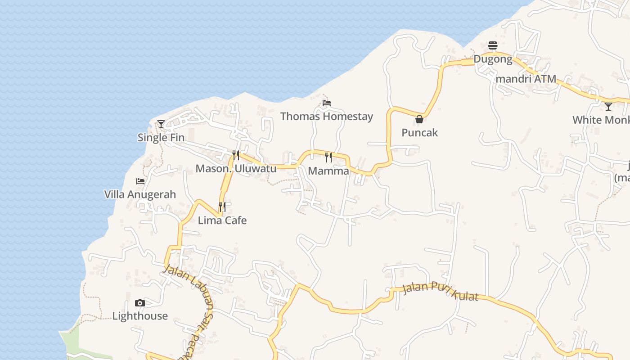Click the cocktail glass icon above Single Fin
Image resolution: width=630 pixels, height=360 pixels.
161,124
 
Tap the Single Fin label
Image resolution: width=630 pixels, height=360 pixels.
161,138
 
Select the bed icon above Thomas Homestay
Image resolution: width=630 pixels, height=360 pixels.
327,103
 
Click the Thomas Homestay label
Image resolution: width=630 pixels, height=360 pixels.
327,117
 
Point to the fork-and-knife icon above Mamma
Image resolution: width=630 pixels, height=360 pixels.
328,157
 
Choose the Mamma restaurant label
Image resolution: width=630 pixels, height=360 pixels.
328,171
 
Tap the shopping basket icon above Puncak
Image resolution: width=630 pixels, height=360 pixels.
419,119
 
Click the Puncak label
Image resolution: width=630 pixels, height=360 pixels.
419,133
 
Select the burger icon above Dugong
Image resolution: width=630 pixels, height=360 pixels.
493,45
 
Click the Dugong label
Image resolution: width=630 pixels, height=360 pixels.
493,59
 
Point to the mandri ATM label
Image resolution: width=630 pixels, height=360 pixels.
526,79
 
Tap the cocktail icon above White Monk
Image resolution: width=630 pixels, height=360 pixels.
608,107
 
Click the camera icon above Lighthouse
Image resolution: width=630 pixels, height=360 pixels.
140,303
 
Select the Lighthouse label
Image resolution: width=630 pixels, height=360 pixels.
140,316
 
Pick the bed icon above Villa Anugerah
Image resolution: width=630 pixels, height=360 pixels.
140,181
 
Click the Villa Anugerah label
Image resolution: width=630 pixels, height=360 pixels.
140,194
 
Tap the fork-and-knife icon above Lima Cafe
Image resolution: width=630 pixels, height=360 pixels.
222,207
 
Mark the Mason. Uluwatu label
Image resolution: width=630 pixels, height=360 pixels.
236,169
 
